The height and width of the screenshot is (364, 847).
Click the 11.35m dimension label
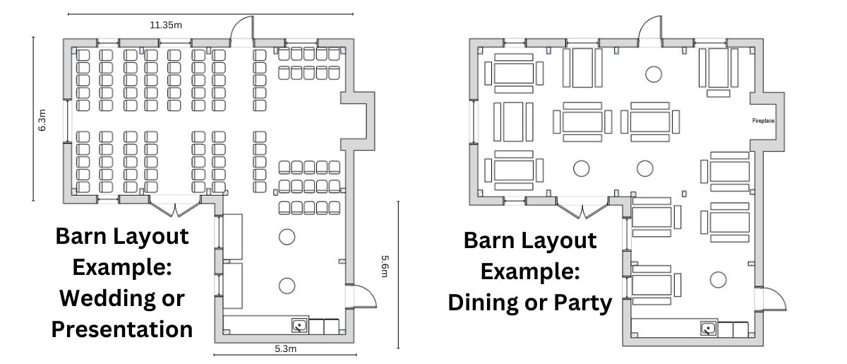166,25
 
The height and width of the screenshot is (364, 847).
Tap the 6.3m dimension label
42,120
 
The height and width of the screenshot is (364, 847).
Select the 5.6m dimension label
385,266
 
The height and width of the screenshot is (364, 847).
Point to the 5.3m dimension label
285,348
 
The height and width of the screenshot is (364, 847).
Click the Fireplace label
763,121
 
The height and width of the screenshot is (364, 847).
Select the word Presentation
121,329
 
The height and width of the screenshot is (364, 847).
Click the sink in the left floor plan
299,326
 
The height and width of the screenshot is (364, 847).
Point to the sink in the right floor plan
708,329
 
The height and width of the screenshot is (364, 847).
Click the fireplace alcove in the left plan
358,121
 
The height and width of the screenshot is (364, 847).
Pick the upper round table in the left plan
287,237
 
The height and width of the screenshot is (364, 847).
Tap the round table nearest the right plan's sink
718,280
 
